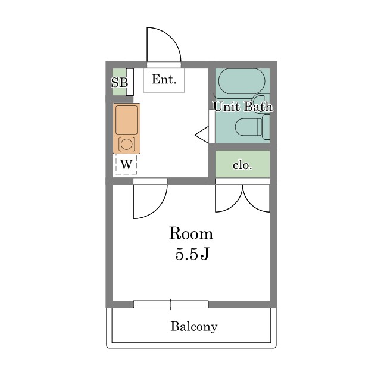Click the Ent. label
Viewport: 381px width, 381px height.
[x=164, y=79]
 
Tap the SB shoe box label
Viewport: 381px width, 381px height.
[x=119, y=82]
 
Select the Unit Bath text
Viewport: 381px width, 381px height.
[x=243, y=107]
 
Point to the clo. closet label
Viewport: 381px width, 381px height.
[x=242, y=165]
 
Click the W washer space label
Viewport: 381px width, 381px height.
[x=126, y=165]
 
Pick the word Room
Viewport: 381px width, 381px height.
[x=191, y=233]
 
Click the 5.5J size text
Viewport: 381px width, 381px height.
[x=192, y=254]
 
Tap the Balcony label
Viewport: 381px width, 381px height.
[x=194, y=326]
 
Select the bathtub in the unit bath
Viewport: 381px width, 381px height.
[x=242, y=81]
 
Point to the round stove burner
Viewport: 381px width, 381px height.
[x=126, y=144]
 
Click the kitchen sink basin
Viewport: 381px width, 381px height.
[x=126, y=120]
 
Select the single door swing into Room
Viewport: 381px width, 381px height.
[x=158, y=209]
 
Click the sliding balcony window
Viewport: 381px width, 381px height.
[x=171, y=304]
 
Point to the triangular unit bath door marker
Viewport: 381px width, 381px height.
[x=202, y=135]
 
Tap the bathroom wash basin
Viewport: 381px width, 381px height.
[x=259, y=102]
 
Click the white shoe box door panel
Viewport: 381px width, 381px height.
[x=130, y=82]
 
